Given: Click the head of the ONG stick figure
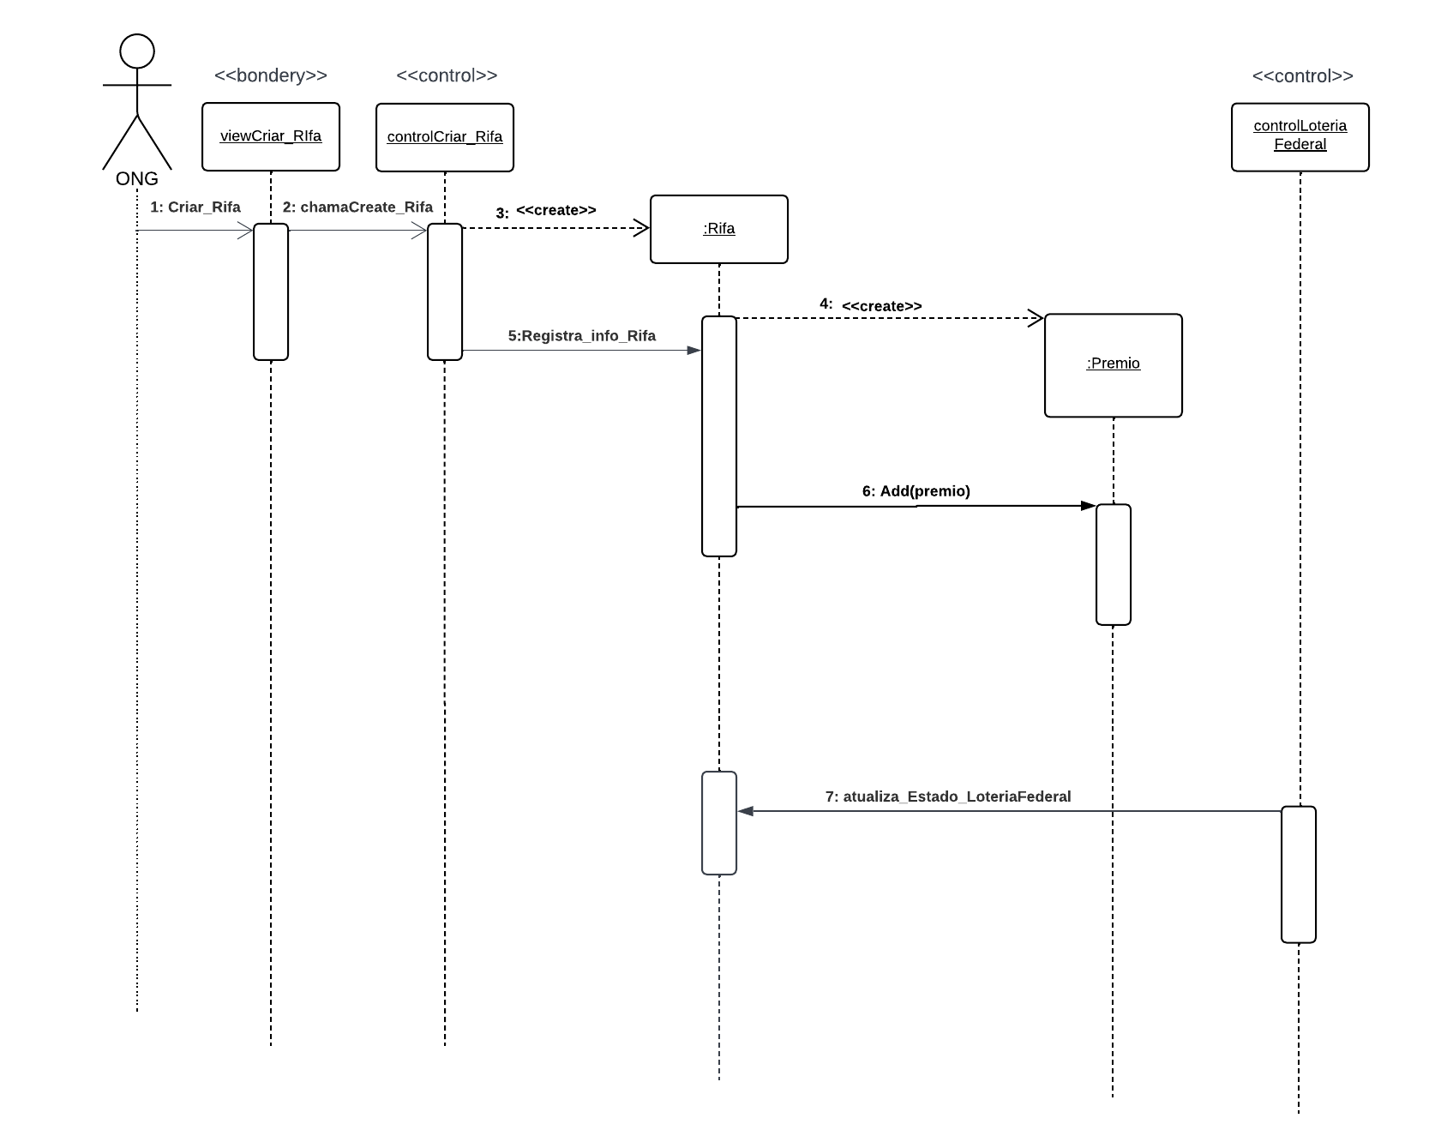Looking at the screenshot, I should (137, 51).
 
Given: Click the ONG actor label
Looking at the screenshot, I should (137, 179).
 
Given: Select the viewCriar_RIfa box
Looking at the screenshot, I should (271, 137).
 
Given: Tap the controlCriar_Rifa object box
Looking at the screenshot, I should (444, 137).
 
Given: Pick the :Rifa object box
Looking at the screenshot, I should (718, 229).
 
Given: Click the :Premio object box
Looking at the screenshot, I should (1113, 364).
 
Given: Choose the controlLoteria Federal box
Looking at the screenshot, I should (1300, 137).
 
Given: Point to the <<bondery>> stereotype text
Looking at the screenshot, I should (271, 75).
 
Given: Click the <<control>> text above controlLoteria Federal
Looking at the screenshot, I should (1302, 76).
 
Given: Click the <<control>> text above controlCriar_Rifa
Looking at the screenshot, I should (446, 75).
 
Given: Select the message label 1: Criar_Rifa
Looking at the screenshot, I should (195, 207).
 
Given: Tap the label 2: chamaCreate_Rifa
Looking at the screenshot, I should (357, 207).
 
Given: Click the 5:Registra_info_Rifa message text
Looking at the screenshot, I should (581, 336).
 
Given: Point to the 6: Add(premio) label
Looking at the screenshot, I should (916, 491).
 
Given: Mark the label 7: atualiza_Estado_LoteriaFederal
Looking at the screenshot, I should (947, 796).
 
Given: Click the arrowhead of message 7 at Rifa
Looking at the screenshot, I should (745, 811).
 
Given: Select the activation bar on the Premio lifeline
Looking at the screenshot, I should (1113, 564).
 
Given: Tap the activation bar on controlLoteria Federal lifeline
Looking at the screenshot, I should (1298, 874).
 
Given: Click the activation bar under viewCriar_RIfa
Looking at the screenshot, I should (271, 292).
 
